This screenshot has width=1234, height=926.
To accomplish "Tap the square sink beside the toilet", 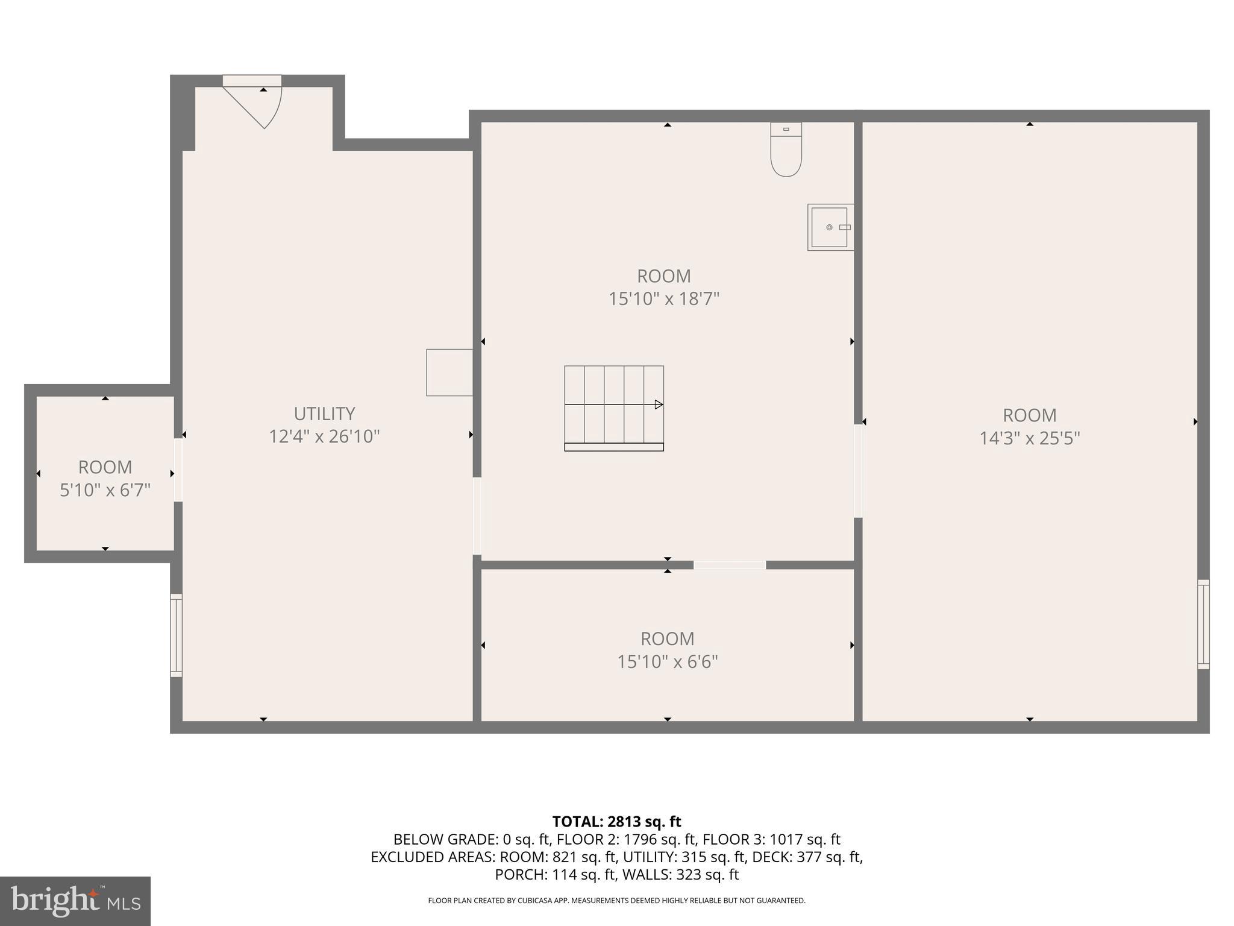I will click(830, 227).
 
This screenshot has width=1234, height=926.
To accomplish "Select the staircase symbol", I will click(614, 408).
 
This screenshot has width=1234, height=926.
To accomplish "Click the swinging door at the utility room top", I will click(253, 102).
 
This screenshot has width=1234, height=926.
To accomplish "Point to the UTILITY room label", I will click(324, 414).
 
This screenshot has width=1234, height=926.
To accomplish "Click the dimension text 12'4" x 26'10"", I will click(324, 436).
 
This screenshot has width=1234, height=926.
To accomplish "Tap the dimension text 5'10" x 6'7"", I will click(105, 490).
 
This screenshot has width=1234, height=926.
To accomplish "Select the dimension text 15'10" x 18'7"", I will click(664, 299).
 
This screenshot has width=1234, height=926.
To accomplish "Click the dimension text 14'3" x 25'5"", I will click(1029, 438).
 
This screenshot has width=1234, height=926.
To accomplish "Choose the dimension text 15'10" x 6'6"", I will click(667, 662).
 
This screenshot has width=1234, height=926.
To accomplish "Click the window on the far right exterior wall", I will click(1203, 624).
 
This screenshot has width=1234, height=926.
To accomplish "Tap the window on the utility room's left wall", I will click(176, 635).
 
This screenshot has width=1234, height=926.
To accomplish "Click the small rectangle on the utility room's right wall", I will click(449, 373).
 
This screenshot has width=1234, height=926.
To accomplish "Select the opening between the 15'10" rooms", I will click(729, 565).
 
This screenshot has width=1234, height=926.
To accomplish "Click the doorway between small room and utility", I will click(178, 470).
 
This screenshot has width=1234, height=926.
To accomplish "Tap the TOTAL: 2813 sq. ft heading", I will click(616, 822).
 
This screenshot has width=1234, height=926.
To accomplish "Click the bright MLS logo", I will click(75, 901).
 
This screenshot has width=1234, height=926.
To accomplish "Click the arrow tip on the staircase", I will click(659, 405).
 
